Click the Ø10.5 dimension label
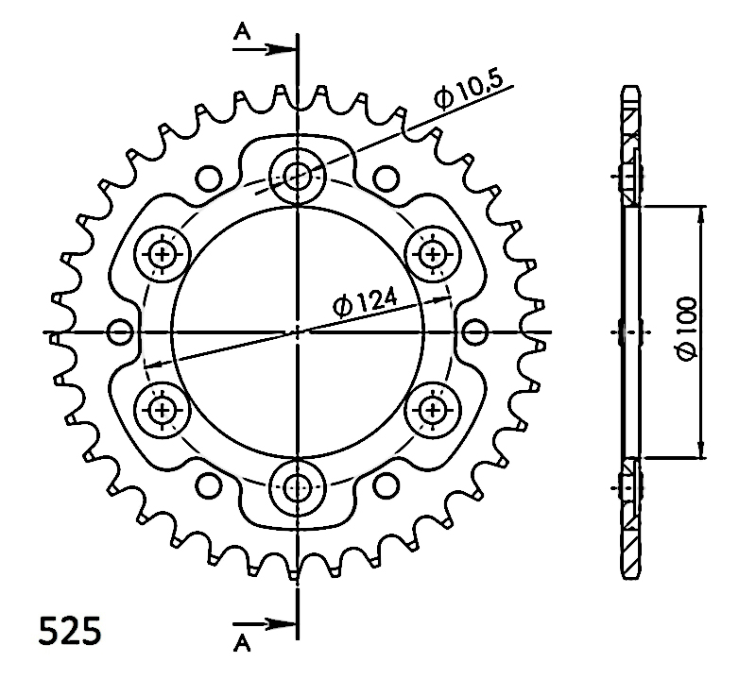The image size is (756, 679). pyautogui.click(x=468, y=91)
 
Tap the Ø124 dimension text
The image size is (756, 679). pyautogui.click(x=365, y=302)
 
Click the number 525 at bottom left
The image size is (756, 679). pyautogui.click(x=70, y=631)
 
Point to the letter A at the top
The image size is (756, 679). pyautogui.click(x=242, y=32)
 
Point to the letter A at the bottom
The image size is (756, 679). pyautogui.click(x=242, y=644)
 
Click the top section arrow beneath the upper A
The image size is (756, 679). pyautogui.click(x=265, y=49)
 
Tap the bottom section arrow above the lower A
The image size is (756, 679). pyautogui.click(x=265, y=624)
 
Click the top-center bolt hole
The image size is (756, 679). pyautogui.click(x=298, y=176)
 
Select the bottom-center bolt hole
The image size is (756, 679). pyautogui.click(x=298, y=488)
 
